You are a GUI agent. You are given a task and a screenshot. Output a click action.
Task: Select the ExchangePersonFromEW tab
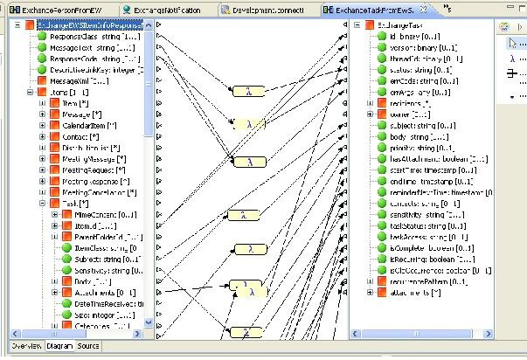coord(57,10)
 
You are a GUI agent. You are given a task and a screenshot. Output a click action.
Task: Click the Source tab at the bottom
coord(88,346)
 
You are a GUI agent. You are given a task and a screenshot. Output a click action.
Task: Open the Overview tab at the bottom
coord(25,346)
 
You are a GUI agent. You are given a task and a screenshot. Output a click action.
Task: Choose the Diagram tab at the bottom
coord(60,346)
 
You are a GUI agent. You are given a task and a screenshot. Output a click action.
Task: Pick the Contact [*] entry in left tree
coord(83,136)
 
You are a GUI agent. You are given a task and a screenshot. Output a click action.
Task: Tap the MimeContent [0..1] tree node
coord(108,214)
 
